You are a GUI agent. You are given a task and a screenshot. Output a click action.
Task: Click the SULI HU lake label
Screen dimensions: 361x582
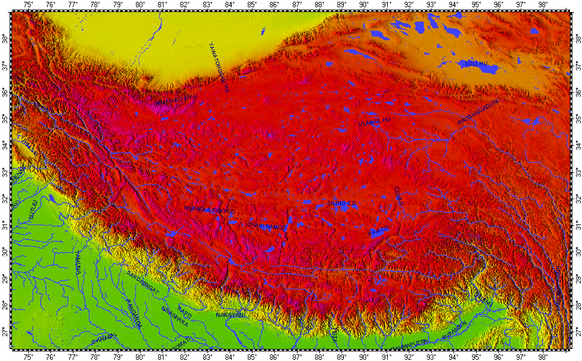pos(474,63)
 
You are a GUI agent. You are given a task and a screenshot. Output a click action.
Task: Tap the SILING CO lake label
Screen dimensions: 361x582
pos(342,203)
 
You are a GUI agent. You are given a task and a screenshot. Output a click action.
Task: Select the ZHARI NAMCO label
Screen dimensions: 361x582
pos(265,226)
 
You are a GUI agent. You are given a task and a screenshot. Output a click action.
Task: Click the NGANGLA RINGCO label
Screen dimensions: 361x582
pos(210,209)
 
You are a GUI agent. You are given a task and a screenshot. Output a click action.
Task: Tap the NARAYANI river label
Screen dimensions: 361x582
pos(232,314)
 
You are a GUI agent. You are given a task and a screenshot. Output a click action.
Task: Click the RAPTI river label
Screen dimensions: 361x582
pos(185,314)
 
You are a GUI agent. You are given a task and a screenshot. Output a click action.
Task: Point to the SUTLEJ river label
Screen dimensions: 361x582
pos(34,211)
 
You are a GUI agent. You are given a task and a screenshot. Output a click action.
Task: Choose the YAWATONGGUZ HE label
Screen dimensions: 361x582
pos(219,67)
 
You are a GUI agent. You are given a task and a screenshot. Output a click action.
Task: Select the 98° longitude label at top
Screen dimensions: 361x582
pos(544,5)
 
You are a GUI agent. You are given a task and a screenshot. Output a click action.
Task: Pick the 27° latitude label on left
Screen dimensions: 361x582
pos(5,332)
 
